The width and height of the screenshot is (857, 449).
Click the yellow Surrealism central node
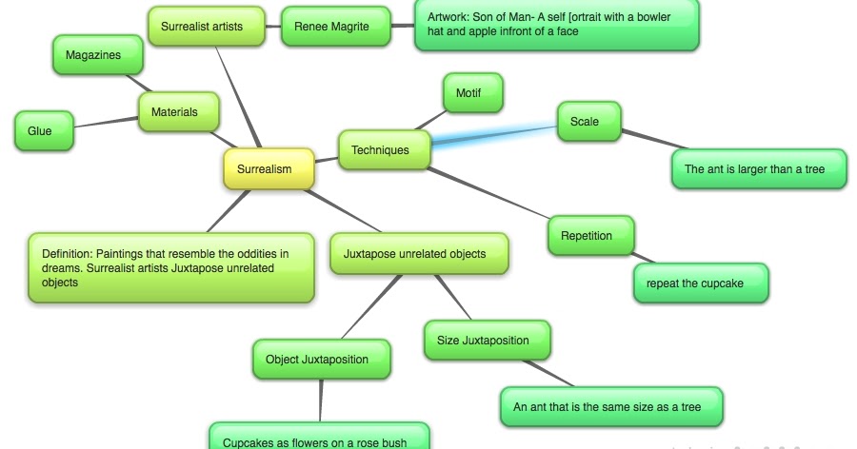click(x=269, y=169)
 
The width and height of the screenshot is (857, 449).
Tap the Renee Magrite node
click(x=329, y=27)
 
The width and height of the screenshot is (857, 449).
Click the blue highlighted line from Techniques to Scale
click(x=495, y=134)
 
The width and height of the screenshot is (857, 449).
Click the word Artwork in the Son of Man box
click(x=448, y=17)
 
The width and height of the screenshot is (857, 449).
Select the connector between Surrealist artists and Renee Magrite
click(x=274, y=28)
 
